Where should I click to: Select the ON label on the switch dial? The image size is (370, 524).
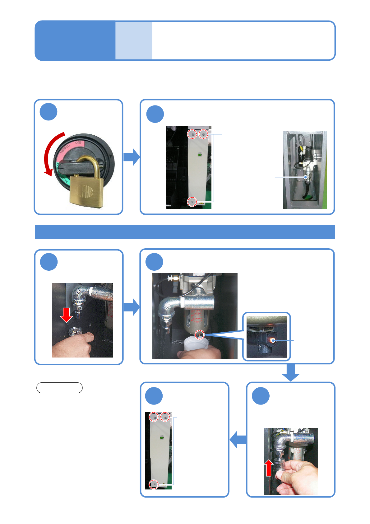78,143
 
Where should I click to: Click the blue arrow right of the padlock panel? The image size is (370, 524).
132,157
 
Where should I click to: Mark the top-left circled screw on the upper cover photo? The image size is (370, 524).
192,134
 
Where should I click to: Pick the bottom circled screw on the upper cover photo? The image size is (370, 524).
192,202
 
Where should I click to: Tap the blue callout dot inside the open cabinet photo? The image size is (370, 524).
306,177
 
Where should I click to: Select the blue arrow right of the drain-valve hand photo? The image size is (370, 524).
132,307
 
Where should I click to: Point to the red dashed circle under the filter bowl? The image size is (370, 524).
200,335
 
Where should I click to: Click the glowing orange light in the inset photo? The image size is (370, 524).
273,340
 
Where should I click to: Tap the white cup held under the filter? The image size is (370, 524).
196,344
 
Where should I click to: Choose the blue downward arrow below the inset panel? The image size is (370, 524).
291,372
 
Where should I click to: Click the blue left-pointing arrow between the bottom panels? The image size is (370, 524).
238,439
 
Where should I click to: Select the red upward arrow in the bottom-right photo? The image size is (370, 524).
269,468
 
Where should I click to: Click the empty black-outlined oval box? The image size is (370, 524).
59,388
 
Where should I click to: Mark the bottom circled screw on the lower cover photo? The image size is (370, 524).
154,484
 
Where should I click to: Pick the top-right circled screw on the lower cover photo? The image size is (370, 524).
165,417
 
